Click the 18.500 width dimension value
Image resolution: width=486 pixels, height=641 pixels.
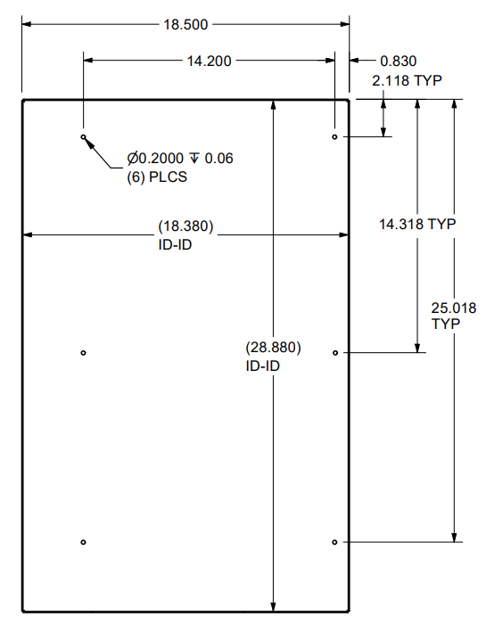tap(185, 24)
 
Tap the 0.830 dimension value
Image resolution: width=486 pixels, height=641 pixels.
tap(399, 61)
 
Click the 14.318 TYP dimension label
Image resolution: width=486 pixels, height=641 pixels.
tap(417, 225)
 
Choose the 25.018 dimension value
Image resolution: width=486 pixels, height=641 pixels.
tap(454, 308)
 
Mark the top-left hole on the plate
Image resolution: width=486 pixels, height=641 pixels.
tap(83, 137)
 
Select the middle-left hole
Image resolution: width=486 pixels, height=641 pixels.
tap(83, 353)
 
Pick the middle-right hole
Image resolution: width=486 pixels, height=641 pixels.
tap(334, 353)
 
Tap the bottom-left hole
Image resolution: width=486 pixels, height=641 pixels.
tap(83, 542)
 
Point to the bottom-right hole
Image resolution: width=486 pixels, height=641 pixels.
tap(334, 542)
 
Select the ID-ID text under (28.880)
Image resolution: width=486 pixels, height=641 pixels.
tap(262, 365)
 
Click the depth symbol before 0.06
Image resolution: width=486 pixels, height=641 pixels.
tap(195, 159)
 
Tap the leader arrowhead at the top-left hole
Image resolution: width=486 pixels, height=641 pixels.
tap(87, 142)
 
